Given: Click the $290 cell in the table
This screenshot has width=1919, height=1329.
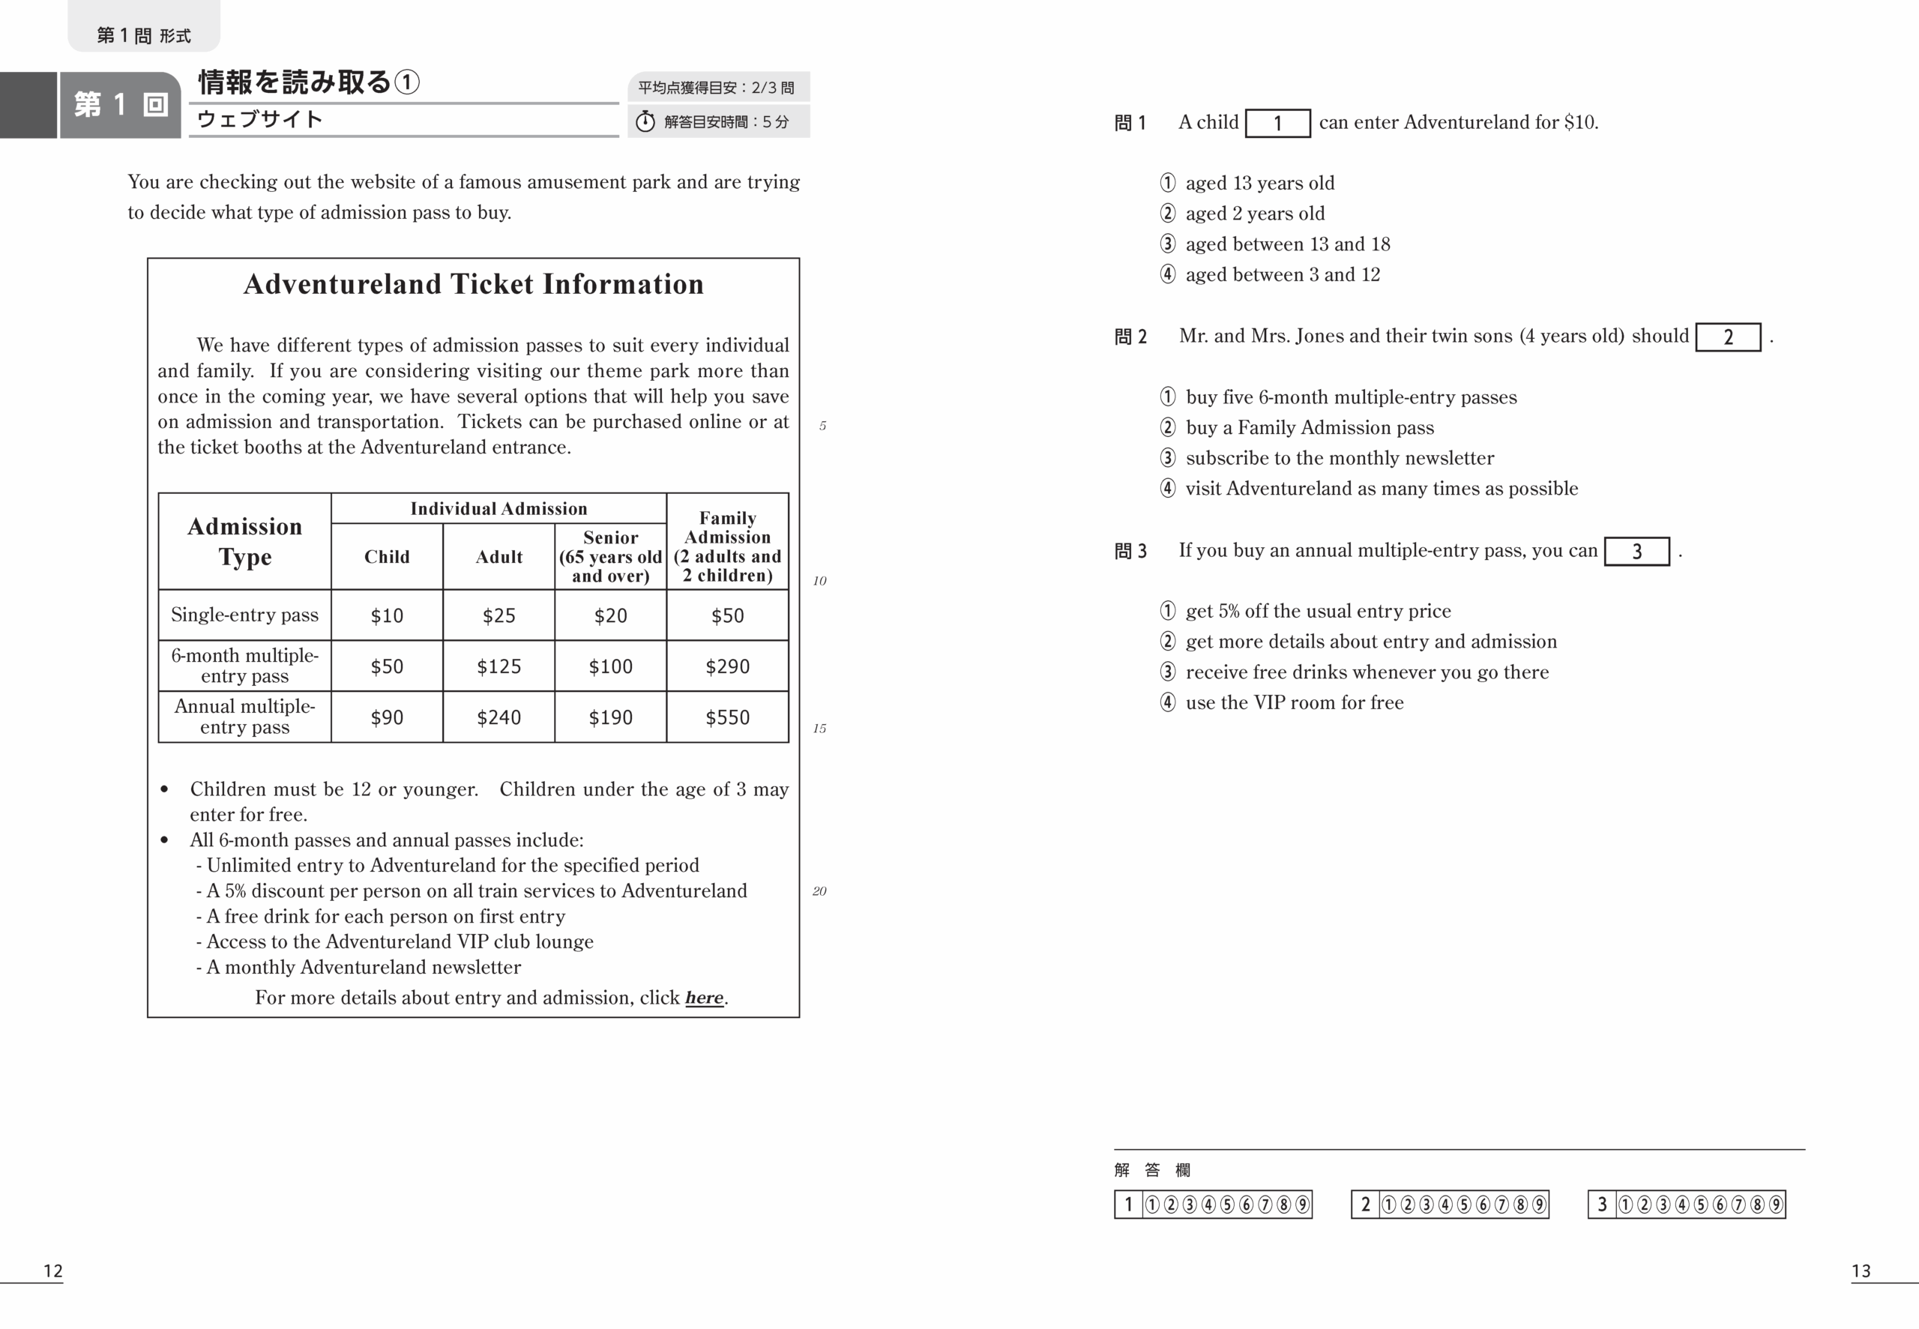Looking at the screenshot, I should click(x=727, y=666).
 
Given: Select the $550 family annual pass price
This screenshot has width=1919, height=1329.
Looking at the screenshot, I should click(x=727, y=717).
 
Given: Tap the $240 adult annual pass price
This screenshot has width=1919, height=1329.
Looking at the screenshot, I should click(x=498, y=717).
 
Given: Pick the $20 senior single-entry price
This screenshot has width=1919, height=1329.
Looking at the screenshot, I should click(x=610, y=615).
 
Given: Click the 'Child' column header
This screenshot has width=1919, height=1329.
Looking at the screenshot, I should click(x=386, y=556).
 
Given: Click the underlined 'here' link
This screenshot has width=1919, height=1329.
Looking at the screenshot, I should click(x=703, y=998).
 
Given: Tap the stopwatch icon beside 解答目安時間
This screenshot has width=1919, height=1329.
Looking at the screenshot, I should click(x=645, y=121).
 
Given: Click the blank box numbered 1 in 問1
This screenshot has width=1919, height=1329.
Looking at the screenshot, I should click(x=1277, y=123).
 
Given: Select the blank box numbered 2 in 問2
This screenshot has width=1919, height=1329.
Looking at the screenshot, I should click(x=1728, y=337).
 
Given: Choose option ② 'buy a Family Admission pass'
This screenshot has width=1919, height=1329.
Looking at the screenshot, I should click(x=1309, y=427).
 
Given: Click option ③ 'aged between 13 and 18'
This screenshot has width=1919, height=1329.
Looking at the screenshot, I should click(x=1287, y=244).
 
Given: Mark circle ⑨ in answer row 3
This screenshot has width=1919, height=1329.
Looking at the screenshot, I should click(x=1775, y=1204).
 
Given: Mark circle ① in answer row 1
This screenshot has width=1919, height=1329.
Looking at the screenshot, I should click(x=1152, y=1204).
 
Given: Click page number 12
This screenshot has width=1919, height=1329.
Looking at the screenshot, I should click(x=53, y=1271).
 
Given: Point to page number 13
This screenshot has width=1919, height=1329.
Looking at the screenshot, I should click(x=1861, y=1271).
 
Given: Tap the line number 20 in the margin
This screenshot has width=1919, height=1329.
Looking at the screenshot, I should click(x=819, y=891).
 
